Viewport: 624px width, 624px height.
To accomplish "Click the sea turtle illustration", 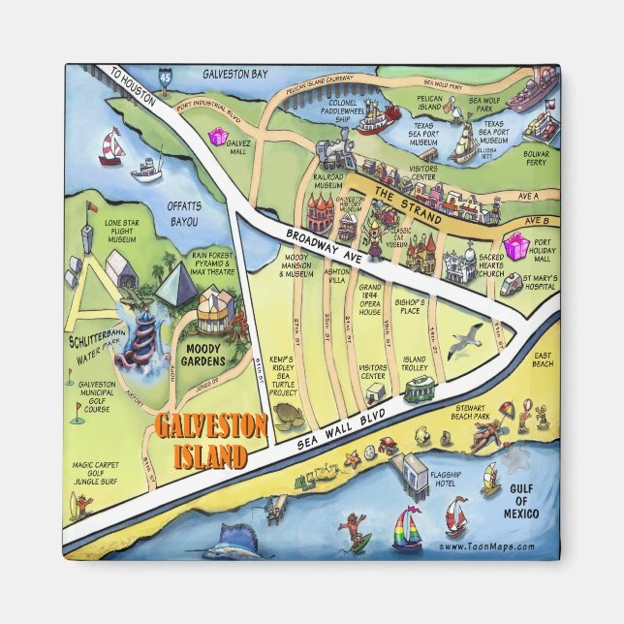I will pos(288,415).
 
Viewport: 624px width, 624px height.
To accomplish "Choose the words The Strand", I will pos(397,197).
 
